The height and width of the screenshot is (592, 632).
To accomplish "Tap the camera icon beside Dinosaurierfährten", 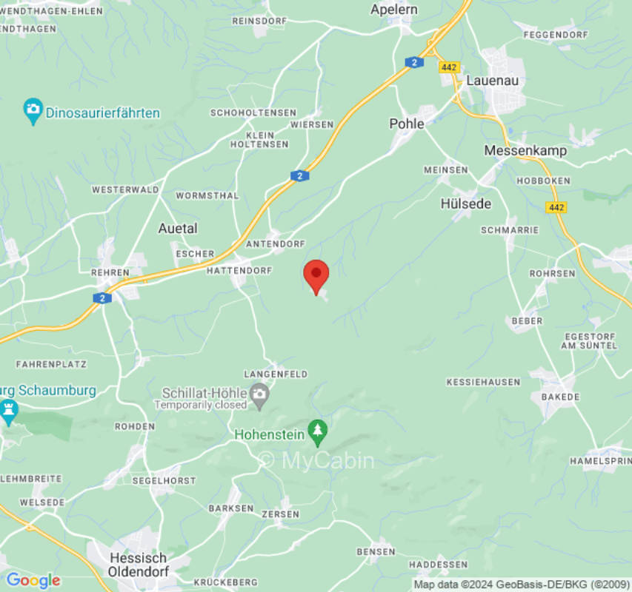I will (x=33, y=112).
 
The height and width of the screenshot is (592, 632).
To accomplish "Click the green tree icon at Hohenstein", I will (x=318, y=433).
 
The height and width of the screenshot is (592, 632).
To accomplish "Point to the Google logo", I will (x=33, y=580).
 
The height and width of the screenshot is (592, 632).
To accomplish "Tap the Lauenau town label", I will (x=492, y=80).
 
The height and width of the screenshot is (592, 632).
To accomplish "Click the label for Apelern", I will (x=393, y=10).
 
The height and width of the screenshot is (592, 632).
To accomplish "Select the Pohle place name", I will (x=407, y=124).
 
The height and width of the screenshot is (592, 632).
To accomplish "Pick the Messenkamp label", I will (x=525, y=150).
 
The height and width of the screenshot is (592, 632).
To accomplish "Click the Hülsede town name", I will (x=465, y=203).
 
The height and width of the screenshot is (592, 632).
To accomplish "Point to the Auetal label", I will (x=178, y=228).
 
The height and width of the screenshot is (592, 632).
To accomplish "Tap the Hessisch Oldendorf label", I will (x=139, y=565).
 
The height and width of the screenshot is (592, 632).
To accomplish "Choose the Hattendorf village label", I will (x=239, y=271).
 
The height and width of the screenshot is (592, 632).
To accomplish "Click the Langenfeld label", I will (x=276, y=374).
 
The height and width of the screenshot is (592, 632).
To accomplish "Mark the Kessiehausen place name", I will (x=482, y=382).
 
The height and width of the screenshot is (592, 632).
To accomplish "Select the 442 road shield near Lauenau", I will (x=449, y=67).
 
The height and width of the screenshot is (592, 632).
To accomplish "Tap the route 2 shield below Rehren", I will (x=102, y=297).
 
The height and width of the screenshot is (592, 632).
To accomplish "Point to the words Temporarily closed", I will (x=201, y=405).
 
